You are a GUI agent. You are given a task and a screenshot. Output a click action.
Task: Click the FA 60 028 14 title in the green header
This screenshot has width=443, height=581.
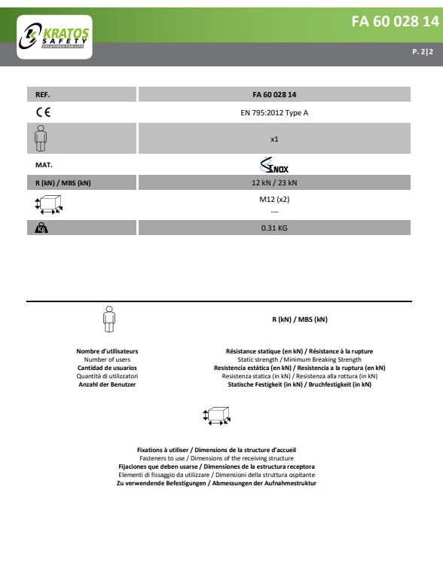click(x=394, y=21)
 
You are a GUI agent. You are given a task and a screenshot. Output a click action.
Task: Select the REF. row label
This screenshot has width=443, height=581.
click(x=43, y=95)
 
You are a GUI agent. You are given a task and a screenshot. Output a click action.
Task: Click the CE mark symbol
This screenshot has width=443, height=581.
click(x=43, y=113)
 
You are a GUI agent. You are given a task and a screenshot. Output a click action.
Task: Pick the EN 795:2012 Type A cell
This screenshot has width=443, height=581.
click(x=274, y=113)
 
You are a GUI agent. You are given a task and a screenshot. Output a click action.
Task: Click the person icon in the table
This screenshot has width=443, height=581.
click(x=41, y=138)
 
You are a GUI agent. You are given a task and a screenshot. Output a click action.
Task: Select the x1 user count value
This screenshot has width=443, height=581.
click(x=274, y=139)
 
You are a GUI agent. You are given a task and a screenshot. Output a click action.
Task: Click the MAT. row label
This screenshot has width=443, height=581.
click(x=44, y=164)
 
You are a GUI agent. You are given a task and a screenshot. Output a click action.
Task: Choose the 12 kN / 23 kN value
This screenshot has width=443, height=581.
click(x=274, y=183)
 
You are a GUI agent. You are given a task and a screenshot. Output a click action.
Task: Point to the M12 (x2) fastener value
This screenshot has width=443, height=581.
click(x=274, y=200)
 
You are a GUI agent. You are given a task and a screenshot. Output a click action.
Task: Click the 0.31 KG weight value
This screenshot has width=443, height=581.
click(x=274, y=228)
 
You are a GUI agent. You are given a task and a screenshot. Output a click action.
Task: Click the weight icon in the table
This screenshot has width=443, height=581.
click(x=41, y=228)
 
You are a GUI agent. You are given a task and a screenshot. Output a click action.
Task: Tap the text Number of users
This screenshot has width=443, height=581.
click(x=107, y=359)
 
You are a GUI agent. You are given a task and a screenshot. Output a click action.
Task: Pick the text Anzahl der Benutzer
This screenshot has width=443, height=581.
click(x=107, y=384)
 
